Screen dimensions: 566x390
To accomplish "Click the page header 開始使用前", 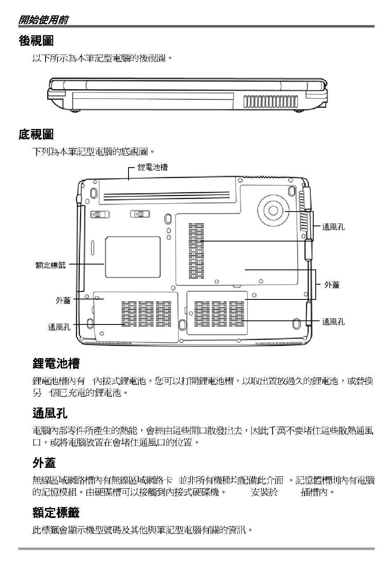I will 43,20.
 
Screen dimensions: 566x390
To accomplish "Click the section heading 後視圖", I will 36,41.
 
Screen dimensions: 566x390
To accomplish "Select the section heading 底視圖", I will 36,134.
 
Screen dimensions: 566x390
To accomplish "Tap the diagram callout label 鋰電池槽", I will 152,167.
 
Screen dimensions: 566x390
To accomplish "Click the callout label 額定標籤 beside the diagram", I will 50,265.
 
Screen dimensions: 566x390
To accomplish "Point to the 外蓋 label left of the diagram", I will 63,300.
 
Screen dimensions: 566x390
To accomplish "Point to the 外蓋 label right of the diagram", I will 332,285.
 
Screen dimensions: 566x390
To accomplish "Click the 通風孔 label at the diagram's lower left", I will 59,327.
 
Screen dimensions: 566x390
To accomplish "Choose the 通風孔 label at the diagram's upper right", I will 333,227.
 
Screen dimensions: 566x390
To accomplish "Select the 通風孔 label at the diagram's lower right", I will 333,322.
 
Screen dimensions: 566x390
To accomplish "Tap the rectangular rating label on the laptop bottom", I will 132,257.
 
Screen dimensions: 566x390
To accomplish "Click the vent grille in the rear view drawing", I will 271,101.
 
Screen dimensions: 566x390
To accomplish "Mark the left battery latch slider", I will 100,214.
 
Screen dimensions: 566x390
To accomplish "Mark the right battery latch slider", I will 140,214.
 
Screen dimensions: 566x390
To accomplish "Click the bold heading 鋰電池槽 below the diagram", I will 56,364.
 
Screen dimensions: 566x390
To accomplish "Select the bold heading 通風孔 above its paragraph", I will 50,413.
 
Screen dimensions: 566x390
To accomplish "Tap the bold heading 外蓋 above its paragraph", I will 44,463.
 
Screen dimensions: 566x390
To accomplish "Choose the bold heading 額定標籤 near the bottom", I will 56,513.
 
